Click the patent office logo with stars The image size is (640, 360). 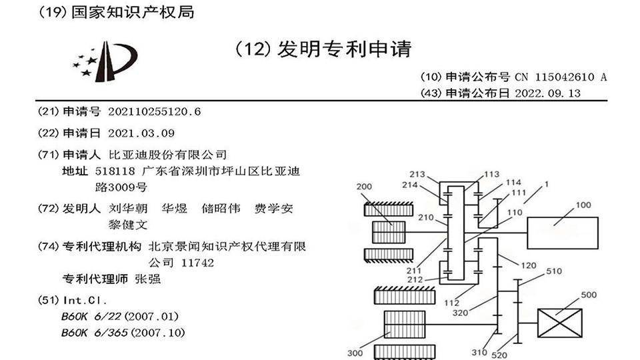coord(105,61)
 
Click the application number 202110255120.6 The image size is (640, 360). coord(154,111)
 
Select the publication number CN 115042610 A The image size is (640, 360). coord(561,77)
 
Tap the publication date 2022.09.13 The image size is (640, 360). coord(548,93)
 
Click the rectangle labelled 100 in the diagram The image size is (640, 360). coord(562,233)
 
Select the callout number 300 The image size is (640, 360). coord(356,353)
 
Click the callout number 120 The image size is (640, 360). coord(528,265)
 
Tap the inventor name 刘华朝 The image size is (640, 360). coord(122,209)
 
